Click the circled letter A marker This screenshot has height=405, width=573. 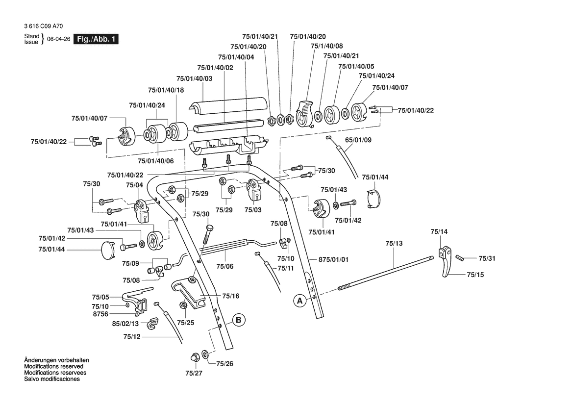[299, 301]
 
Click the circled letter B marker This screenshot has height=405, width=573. [238, 320]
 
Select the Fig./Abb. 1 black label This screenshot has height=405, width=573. [96, 39]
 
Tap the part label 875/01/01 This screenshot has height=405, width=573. [333, 259]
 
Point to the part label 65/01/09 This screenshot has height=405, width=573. [358, 140]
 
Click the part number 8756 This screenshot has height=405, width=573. [100, 313]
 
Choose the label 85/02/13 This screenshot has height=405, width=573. [125, 324]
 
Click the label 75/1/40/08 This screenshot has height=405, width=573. [327, 46]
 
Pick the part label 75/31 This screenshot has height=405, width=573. [487, 258]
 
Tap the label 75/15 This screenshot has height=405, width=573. [475, 275]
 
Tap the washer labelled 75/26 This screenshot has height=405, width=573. [204, 354]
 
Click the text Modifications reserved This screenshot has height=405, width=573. [53, 366]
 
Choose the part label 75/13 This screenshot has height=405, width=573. [394, 243]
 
